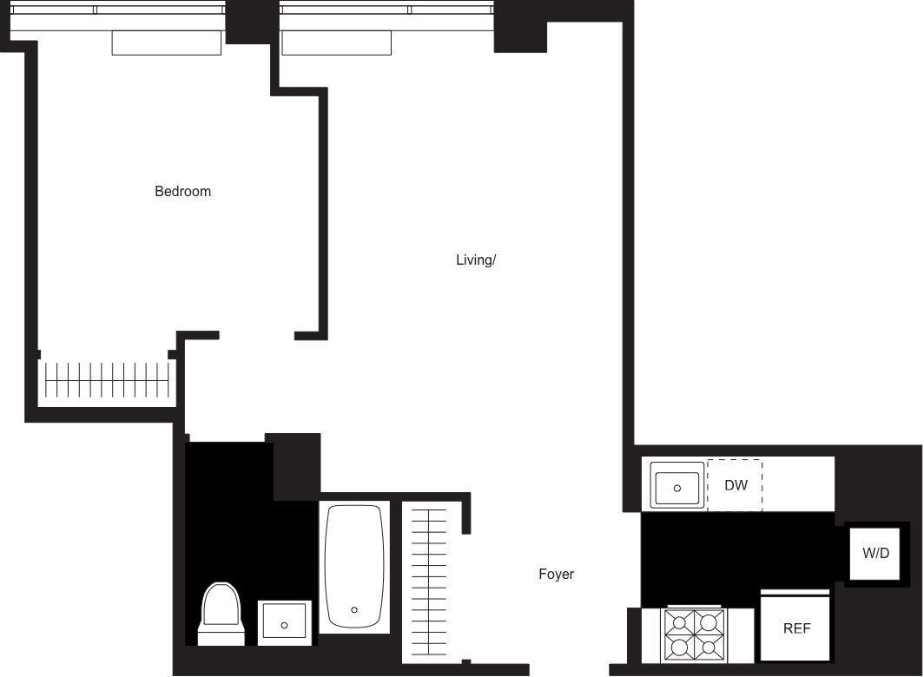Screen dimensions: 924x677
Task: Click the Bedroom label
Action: tap(182, 191)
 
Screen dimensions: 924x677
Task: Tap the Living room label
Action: tap(476, 260)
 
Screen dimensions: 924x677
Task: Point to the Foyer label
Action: tap(556, 574)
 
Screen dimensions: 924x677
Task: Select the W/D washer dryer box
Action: tap(875, 553)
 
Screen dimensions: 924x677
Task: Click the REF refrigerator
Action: tap(795, 627)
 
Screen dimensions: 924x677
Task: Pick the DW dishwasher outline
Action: tap(735, 485)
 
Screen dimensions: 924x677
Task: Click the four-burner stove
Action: tap(694, 635)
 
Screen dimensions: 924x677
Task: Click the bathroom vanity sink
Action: tap(284, 623)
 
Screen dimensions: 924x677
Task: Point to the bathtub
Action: tap(353, 566)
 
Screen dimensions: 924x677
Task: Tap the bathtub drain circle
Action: tap(354, 610)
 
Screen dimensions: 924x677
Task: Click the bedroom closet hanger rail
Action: tap(106, 379)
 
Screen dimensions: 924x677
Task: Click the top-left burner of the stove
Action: tap(679, 621)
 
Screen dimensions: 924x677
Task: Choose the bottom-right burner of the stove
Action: tap(709, 648)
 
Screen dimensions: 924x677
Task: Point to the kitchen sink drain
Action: tap(678, 488)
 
